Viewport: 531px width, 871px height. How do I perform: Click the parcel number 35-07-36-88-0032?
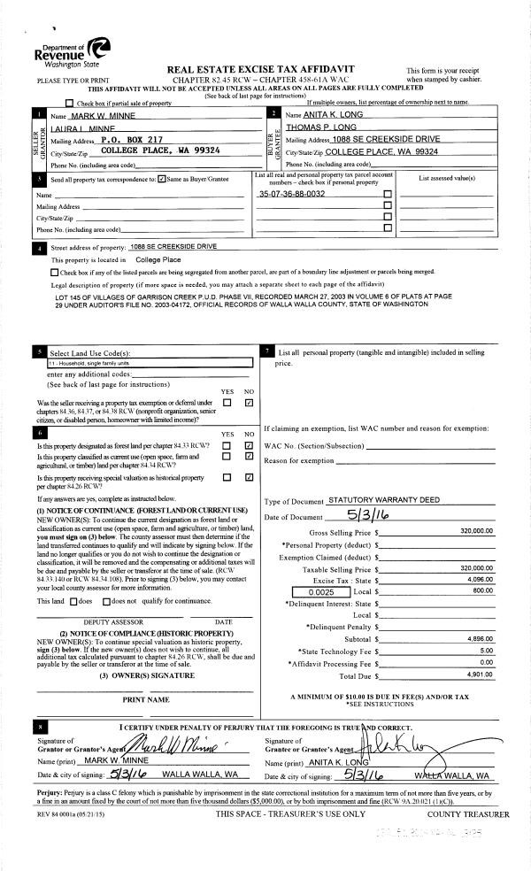[x=291, y=193]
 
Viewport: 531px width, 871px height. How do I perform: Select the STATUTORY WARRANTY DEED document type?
[x=384, y=500]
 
